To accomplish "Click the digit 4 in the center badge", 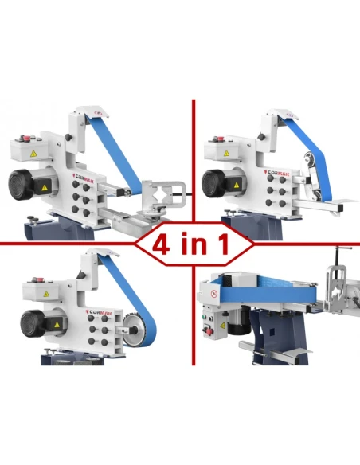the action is coord(162,244).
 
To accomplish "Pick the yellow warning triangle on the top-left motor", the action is coord(44,187).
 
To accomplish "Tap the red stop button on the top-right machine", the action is coord(221,138).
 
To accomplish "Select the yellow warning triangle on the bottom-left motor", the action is coord(57,325).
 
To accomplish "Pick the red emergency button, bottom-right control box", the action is coord(207,331).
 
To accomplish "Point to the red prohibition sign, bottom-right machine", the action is coord(213,294).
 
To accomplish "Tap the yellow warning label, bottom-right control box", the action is coord(222,326).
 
